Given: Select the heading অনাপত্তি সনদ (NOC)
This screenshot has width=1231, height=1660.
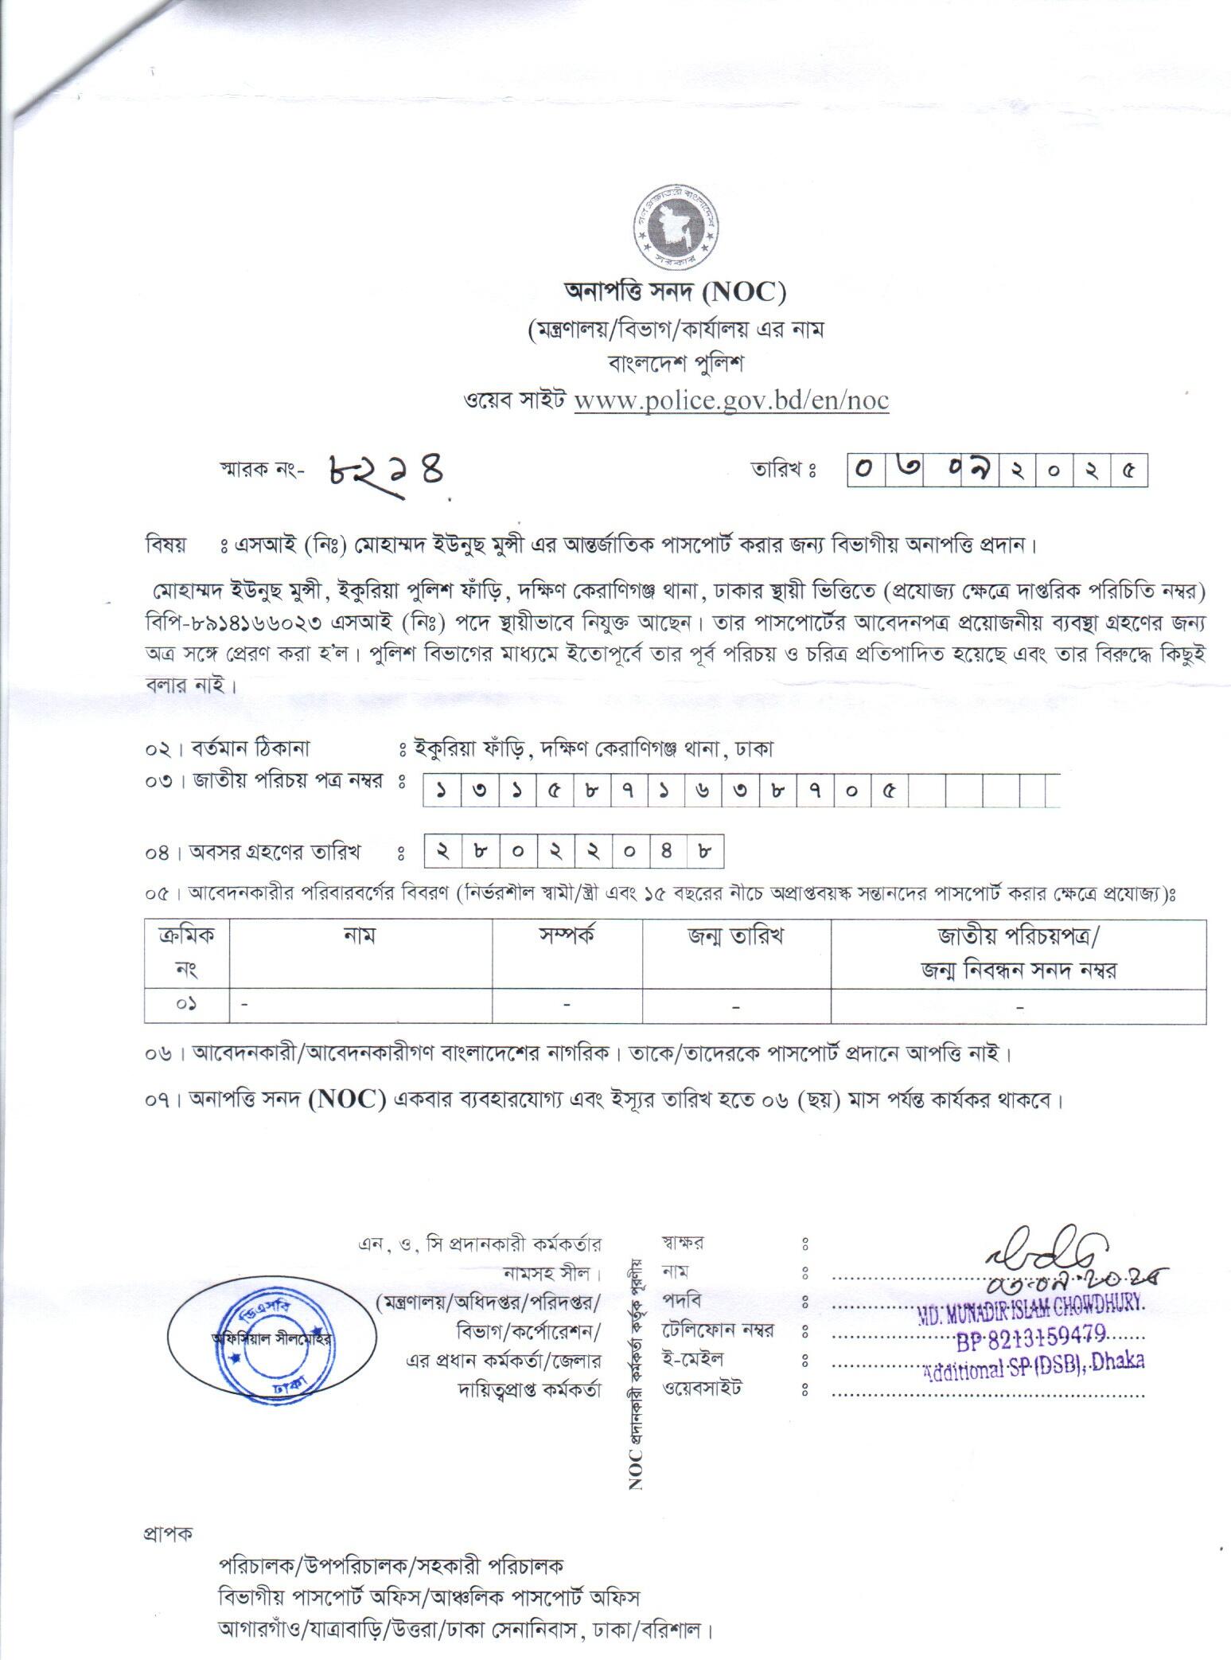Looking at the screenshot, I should tap(675, 293).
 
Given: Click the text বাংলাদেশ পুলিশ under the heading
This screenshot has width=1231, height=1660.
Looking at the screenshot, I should tap(675, 364).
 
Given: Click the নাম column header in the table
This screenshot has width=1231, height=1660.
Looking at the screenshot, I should tap(360, 937).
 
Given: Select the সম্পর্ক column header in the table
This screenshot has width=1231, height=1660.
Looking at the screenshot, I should tap(566, 937).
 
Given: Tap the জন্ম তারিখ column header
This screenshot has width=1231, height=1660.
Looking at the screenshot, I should tap(736, 937).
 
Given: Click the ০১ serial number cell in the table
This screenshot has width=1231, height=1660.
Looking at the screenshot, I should tap(187, 1006).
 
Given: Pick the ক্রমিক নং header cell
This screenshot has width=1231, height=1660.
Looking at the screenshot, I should tap(187, 953).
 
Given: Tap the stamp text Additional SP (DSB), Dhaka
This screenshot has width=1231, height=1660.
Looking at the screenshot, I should tap(1034, 1365).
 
